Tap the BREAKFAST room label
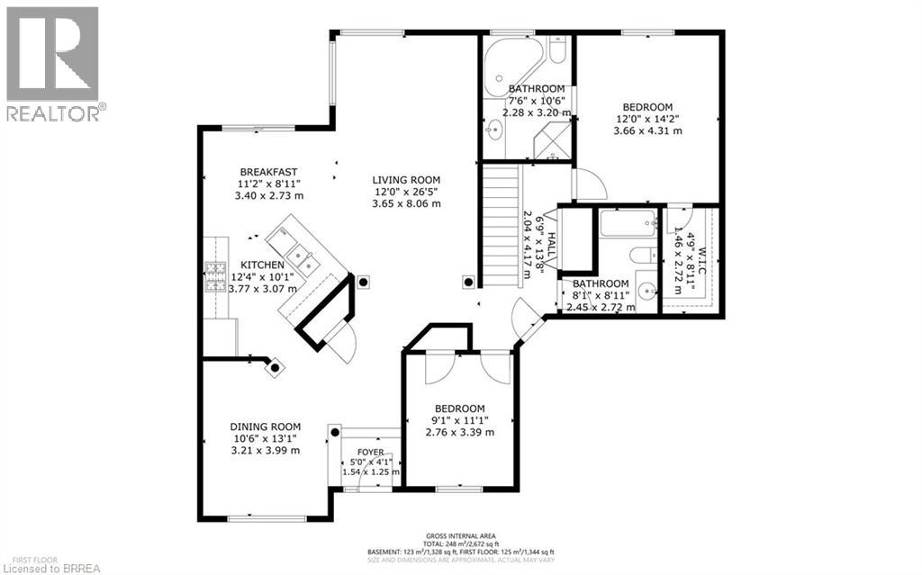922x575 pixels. [x=268, y=172]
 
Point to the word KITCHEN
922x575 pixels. [x=262, y=265]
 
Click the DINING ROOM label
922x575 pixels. [x=265, y=427]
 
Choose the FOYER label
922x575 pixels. [x=370, y=453]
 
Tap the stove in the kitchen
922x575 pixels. [x=215, y=277]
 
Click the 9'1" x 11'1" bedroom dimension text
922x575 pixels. [x=459, y=420]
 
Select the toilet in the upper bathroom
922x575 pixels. [x=557, y=50]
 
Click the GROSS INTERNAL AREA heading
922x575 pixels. [x=460, y=535]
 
